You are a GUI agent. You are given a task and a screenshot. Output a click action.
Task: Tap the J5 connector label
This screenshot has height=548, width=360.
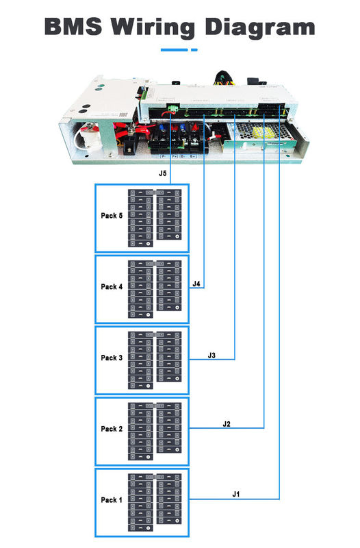[x=162, y=174]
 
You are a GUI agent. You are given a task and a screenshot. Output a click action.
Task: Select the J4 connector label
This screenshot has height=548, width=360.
[x=196, y=284]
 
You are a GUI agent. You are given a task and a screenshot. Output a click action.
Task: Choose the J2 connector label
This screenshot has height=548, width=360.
[x=227, y=424]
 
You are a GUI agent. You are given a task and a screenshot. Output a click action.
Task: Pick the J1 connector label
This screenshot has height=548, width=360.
[x=236, y=494]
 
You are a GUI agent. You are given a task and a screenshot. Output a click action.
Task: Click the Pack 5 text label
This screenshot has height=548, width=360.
[x=112, y=216]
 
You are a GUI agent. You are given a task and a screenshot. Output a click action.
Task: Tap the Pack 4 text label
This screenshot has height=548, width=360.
[x=112, y=287]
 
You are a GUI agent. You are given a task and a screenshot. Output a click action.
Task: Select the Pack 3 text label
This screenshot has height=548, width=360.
[x=112, y=358]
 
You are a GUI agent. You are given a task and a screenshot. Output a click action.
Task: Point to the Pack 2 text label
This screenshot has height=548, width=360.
[x=112, y=429]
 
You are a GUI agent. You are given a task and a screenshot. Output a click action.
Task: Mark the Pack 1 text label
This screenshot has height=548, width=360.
[x=112, y=500]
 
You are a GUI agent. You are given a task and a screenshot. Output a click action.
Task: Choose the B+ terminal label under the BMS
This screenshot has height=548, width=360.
[x=193, y=157]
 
